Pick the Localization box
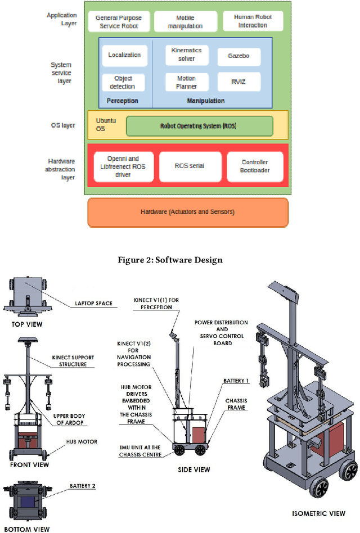coord(124,56)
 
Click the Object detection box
coord(124,83)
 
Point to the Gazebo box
coord(239,56)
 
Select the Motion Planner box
coord(186,83)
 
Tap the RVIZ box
coord(239,83)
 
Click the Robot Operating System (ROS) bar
coord(199,126)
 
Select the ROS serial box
coord(189,166)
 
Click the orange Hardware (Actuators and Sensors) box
coord(187,212)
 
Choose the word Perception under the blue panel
coord(122,101)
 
